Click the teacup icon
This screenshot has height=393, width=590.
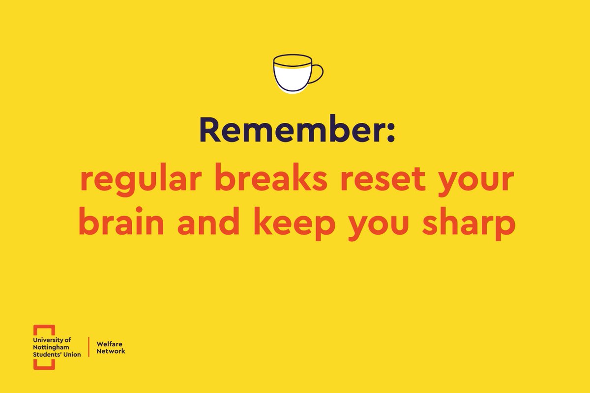pos(293,74)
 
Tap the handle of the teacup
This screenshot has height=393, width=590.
pos(317,73)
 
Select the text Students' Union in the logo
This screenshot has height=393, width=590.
pos(57,355)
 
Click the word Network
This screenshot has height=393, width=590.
pos(111,351)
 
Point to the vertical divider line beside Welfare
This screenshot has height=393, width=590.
pos(88,347)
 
